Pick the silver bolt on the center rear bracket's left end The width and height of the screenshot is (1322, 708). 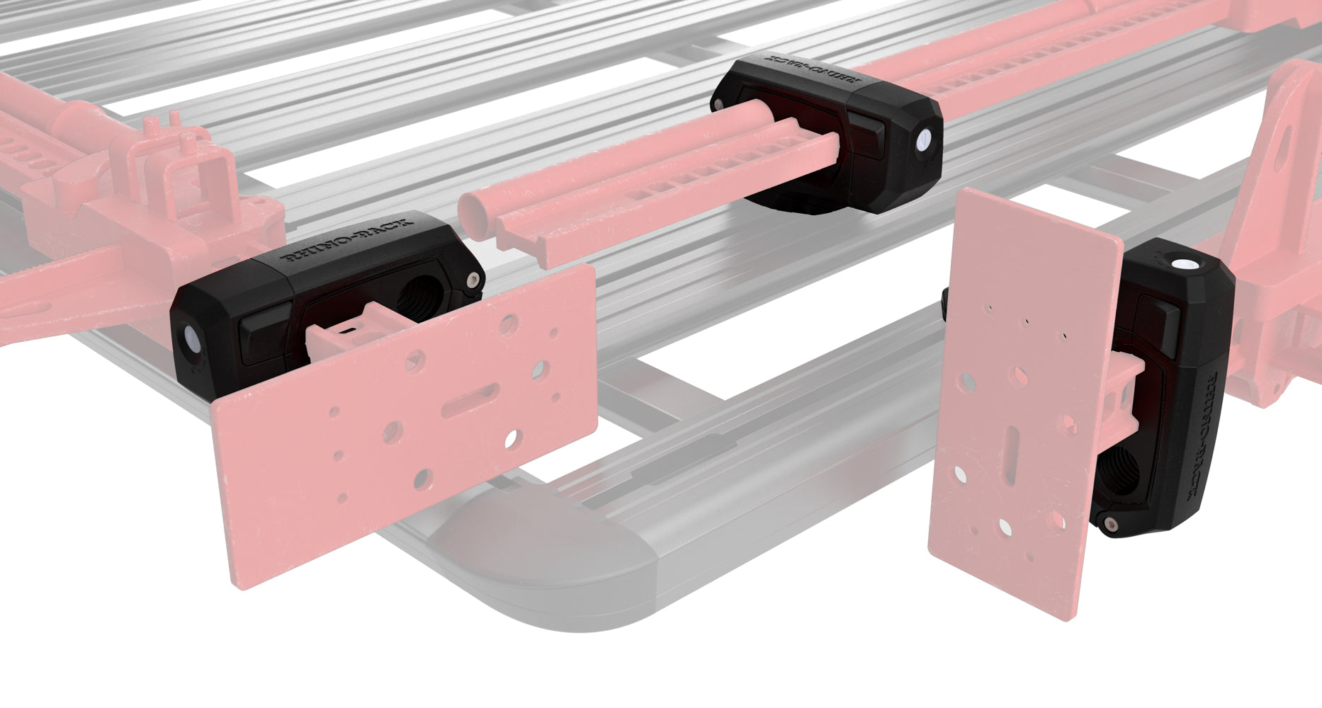[720, 104]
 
